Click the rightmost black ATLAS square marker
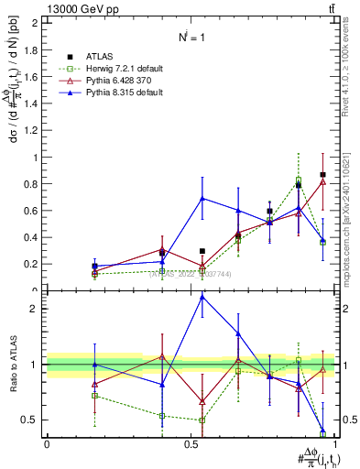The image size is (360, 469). coord(322,175)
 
